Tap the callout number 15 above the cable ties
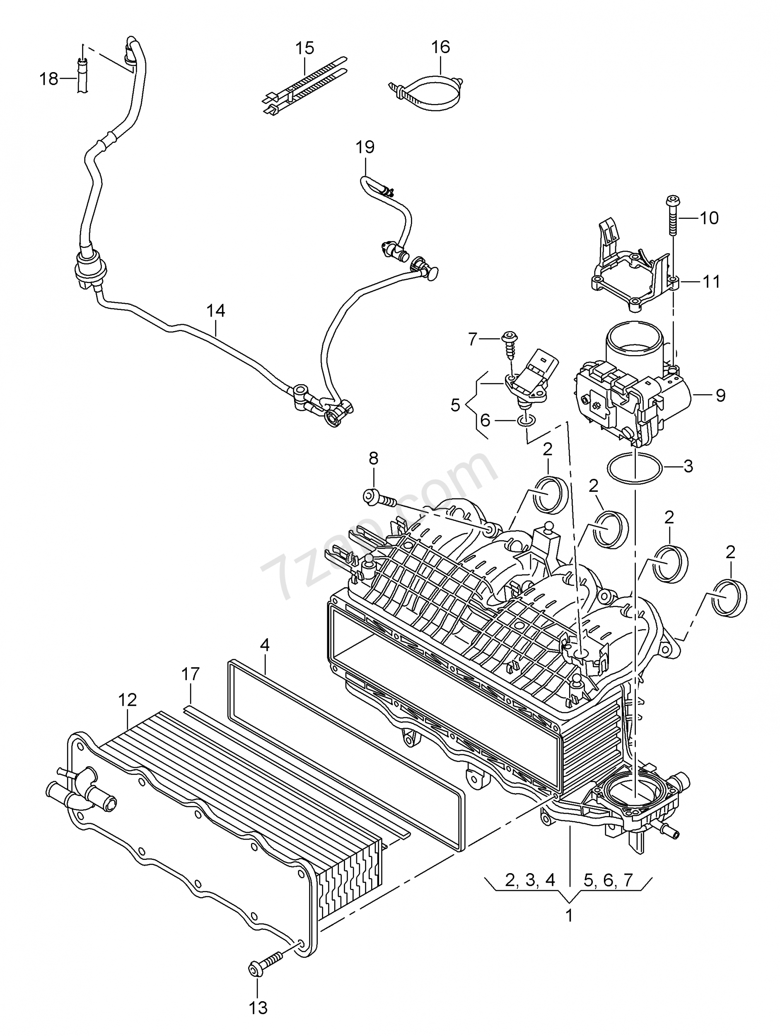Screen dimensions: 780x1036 [305, 48]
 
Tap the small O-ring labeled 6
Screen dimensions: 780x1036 [526, 422]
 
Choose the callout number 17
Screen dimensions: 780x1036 [191, 687]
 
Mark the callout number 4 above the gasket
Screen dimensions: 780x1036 [265, 645]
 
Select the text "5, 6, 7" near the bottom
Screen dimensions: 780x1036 [608, 881]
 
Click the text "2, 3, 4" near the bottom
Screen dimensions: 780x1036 [530, 881]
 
